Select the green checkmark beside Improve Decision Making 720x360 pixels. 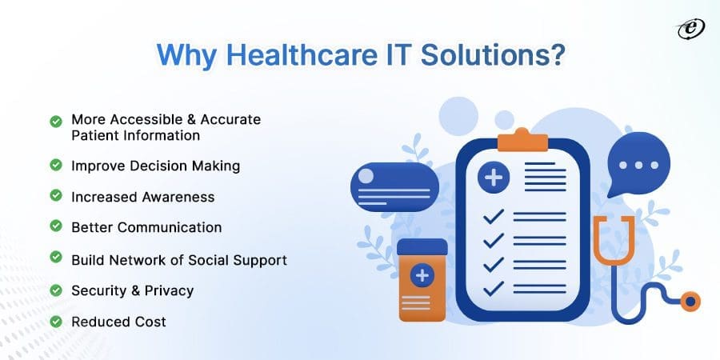click(x=55, y=166)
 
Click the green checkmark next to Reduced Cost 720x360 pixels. click(x=55, y=321)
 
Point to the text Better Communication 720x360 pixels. click(x=146, y=227)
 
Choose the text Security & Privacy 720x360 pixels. click(x=132, y=290)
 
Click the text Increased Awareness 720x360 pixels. click(x=142, y=196)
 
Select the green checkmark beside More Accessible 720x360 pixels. click(x=55, y=121)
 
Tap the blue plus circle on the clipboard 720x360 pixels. click(x=494, y=177)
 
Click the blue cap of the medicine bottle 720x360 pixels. click(x=422, y=246)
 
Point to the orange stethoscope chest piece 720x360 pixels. click(x=687, y=302)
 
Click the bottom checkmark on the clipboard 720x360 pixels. click(x=493, y=287)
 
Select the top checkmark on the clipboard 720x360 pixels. click(x=493, y=217)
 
